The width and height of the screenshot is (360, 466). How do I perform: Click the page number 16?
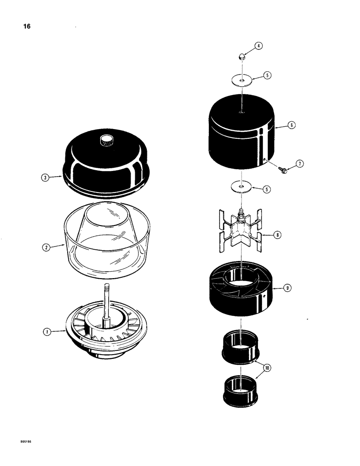pyautogui.click(x=27, y=27)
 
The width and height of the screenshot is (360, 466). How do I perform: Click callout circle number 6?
pyautogui.click(x=291, y=125)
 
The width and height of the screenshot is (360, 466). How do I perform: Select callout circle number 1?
pyautogui.click(x=46, y=332)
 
